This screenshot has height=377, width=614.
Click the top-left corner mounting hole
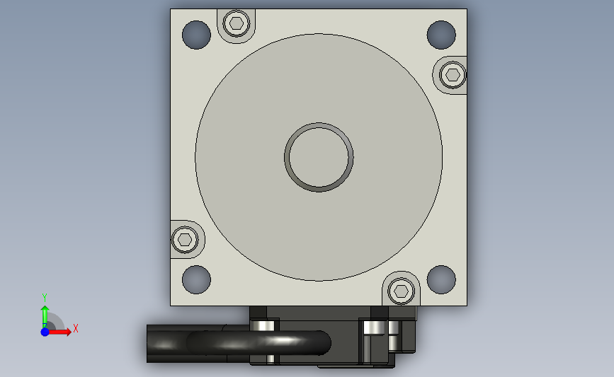pos(196,35)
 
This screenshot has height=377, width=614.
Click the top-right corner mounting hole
pos(441,35)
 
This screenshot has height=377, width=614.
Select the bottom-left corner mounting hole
pos(196,279)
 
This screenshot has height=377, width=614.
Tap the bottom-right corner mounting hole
pos(441,279)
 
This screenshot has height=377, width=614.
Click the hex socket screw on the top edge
pos(237,23)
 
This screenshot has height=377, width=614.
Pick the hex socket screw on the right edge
pos(453,75)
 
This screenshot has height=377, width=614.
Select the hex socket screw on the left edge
pos(185,239)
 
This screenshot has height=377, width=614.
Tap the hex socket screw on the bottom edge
pos(401,291)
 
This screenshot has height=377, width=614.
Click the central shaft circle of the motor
pos(319,157)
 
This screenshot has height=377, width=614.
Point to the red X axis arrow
pos(59,332)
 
